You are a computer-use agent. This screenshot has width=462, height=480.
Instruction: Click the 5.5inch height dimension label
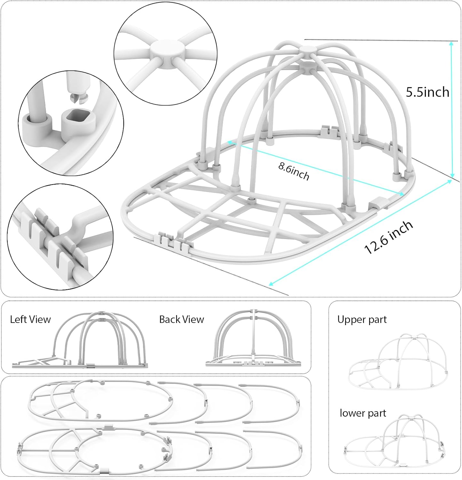(427, 92)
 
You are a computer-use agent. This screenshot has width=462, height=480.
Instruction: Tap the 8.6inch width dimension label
(293, 171)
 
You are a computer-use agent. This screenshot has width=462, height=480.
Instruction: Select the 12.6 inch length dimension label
(388, 237)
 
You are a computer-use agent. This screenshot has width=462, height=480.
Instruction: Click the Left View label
(30, 319)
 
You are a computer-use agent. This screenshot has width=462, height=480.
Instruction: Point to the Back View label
(181, 319)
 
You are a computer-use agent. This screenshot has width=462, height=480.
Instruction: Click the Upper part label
(362, 320)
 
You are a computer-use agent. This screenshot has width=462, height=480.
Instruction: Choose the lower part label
(363, 413)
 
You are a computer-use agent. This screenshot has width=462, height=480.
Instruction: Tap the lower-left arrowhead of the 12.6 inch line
(270, 284)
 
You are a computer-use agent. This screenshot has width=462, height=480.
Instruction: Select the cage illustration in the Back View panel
(254, 339)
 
